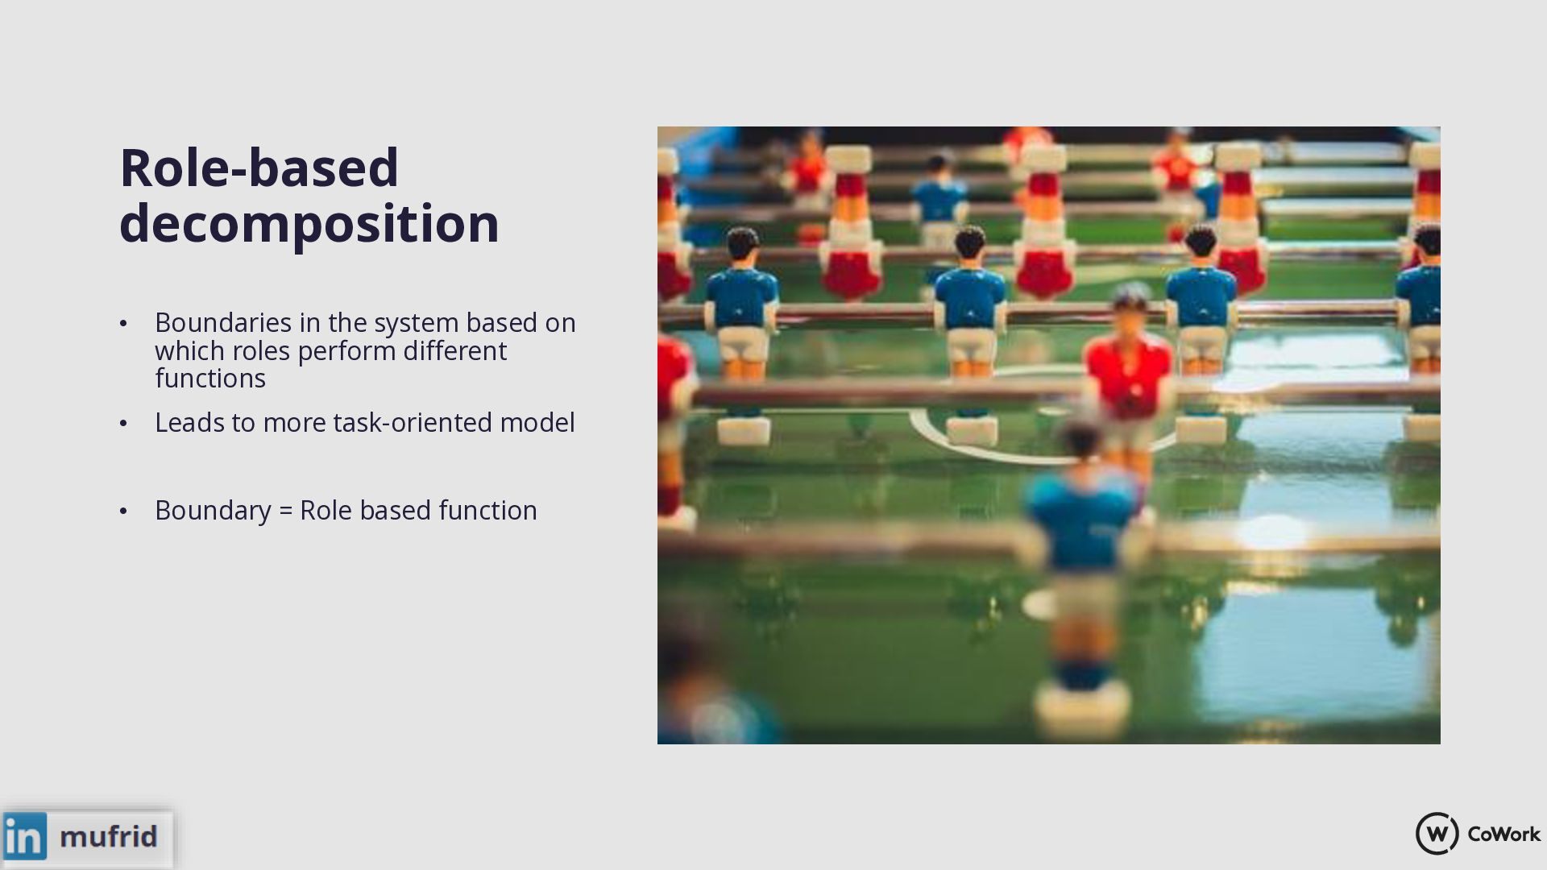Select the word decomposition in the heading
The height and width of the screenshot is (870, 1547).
click(309, 224)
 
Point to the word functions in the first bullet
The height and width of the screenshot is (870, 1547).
click(210, 378)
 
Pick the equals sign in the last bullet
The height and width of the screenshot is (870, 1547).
click(285, 511)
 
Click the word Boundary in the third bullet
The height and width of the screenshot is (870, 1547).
click(213, 511)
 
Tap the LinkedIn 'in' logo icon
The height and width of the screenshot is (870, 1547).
click(25, 835)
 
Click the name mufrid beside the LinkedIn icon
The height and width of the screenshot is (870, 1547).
click(109, 836)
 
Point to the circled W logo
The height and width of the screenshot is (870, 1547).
click(1437, 834)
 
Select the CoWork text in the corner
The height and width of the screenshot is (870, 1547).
click(1503, 834)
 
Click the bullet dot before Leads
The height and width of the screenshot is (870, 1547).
click(123, 423)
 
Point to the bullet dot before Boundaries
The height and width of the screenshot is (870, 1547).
click(123, 324)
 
